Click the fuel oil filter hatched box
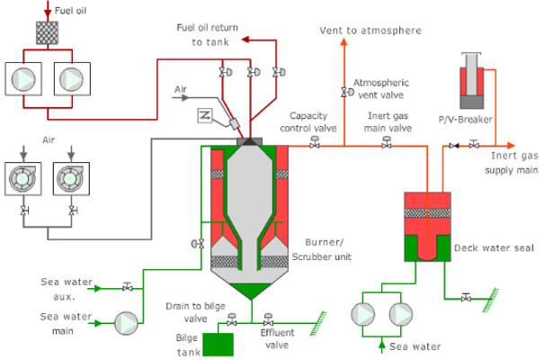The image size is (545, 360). click(x=48, y=32)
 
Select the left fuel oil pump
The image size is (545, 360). click(x=23, y=79)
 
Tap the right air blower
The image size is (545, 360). click(x=71, y=179)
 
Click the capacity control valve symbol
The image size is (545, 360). click(x=315, y=142)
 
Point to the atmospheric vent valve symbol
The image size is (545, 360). click(x=347, y=92)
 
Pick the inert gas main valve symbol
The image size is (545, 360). click(x=387, y=142)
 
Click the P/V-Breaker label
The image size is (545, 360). click(x=465, y=120)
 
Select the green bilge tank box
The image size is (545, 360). click(x=218, y=345)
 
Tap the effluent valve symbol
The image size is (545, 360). click(x=268, y=319)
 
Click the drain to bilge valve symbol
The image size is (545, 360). click(x=231, y=319)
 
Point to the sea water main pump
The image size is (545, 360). click(x=127, y=323)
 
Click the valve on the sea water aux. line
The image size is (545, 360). click(x=127, y=287)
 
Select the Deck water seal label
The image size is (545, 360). click(x=494, y=248)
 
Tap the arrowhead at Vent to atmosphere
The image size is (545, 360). click(x=344, y=42)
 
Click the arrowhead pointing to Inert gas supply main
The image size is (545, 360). click(x=510, y=146)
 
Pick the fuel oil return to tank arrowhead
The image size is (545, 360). click(x=246, y=40)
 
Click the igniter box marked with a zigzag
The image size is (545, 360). click(x=205, y=115)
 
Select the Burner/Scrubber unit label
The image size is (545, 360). click(x=321, y=249)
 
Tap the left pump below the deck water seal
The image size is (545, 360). click(x=362, y=314)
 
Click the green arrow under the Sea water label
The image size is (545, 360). click(x=382, y=346)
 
